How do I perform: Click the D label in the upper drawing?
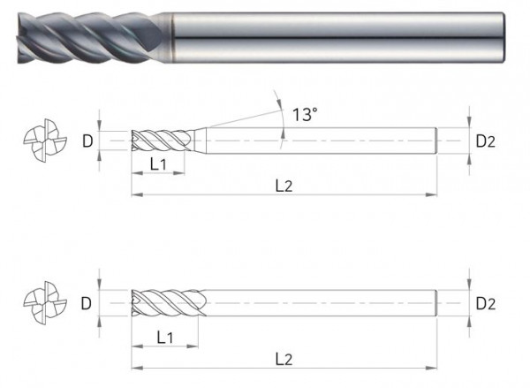(x=87, y=141)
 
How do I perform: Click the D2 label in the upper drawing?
(x=487, y=141)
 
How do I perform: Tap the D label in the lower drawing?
(x=87, y=303)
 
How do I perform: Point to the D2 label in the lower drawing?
(x=487, y=303)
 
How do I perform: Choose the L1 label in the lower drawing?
(x=164, y=337)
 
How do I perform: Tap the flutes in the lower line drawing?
(x=168, y=303)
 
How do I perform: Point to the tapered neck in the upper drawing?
(x=200, y=141)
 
